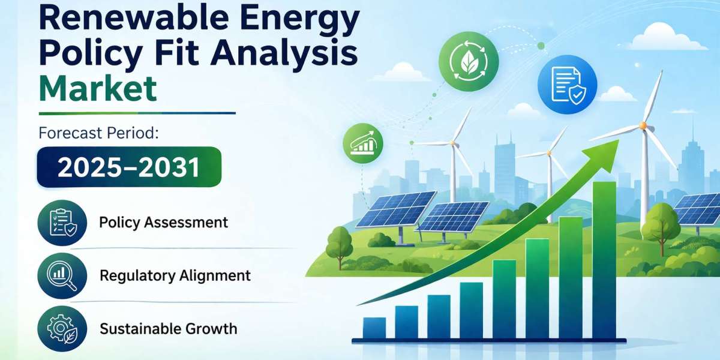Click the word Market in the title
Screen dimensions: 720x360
point(98,88)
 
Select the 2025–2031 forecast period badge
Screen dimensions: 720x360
point(129,167)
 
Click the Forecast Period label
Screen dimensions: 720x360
point(98,133)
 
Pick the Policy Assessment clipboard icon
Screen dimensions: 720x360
point(62,223)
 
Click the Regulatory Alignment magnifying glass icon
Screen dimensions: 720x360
point(62,276)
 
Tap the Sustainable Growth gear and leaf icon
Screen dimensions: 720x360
point(62,329)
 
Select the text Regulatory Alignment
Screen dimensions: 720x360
point(175,276)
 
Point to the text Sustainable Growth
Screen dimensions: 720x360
point(169,329)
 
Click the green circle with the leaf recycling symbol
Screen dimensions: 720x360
point(469,61)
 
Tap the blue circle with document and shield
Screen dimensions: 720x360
point(568,85)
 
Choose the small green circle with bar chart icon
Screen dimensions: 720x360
point(363,143)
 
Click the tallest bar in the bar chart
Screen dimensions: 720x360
point(604,260)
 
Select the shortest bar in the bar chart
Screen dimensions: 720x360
point(374,328)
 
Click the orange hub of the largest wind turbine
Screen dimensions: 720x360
point(643,125)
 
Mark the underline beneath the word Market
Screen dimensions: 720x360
point(137,113)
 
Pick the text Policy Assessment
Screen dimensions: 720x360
point(164,223)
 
